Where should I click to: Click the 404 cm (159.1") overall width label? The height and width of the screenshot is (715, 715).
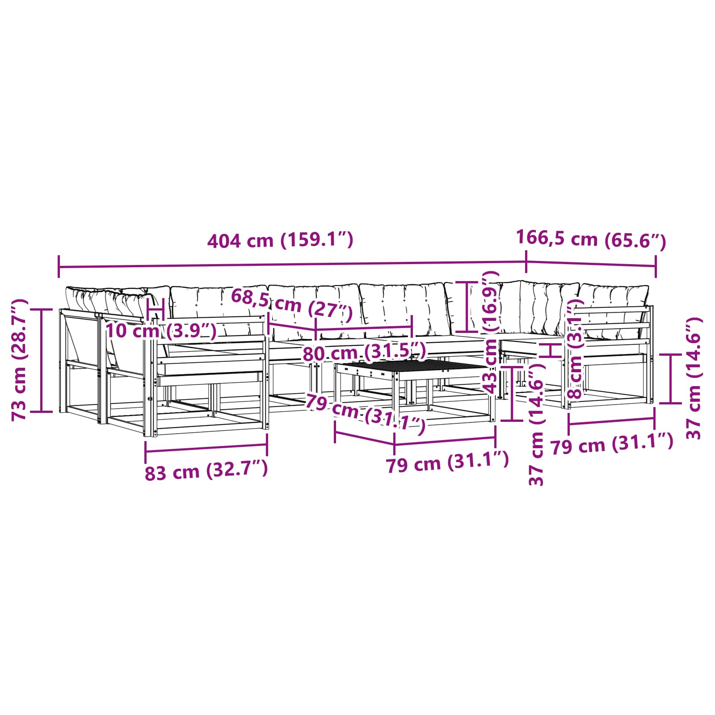(x=280, y=240)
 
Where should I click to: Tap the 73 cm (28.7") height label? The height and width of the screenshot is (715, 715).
(x=20, y=360)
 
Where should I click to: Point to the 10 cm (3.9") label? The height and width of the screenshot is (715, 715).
(x=161, y=331)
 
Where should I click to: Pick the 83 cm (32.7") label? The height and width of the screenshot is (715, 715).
(x=206, y=471)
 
